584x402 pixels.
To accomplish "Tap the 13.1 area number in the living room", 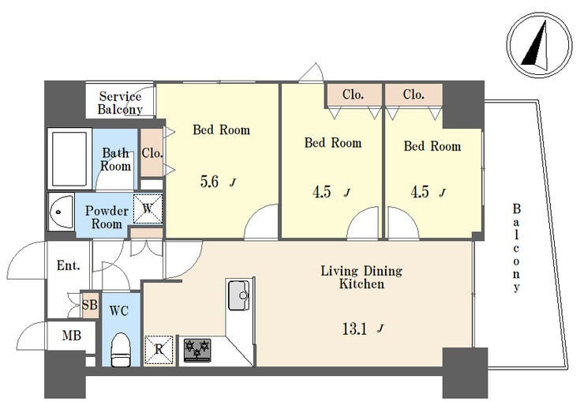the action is [x=354, y=329].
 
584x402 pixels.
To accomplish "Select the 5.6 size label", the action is [x=209, y=182].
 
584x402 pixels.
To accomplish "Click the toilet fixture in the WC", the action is [x=121, y=349].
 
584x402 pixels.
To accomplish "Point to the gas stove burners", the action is [x=197, y=350].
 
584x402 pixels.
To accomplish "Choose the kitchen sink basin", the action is [x=239, y=295].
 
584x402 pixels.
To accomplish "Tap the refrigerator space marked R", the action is [x=159, y=349].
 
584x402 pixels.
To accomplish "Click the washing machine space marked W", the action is [x=148, y=209].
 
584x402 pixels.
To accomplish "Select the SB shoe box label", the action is [x=90, y=305].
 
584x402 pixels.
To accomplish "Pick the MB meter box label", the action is [x=72, y=336].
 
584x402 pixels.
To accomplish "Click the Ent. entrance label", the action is [x=68, y=265].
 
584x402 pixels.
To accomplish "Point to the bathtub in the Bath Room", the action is [x=69, y=159].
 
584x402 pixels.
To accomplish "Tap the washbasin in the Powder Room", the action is [x=61, y=212].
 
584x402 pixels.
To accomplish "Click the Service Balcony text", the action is [x=120, y=103].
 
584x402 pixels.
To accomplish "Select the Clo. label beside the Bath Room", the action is [x=152, y=152].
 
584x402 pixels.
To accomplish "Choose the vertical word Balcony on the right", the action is [x=516, y=248].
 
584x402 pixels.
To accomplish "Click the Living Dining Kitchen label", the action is [x=361, y=277].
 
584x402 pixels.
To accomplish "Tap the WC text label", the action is [x=119, y=310].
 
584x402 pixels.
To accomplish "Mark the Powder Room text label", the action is [x=107, y=217].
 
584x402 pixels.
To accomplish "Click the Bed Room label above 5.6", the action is [x=221, y=130].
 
